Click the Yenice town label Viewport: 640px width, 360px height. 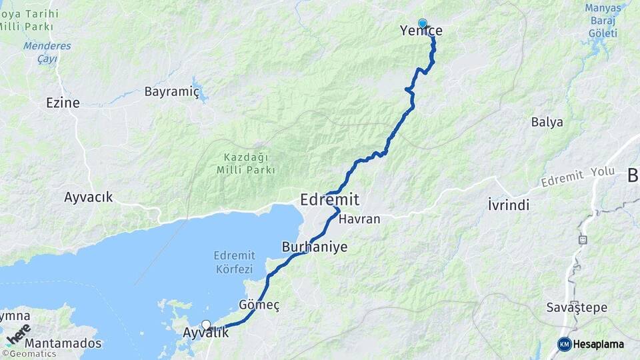tap(421, 31)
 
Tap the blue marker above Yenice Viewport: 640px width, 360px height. tap(422, 23)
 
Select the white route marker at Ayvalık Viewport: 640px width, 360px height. tap(206, 325)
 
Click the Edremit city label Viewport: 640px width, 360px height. tap(330, 199)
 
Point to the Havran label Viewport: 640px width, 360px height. tap(359, 219)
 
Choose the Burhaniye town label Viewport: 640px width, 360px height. tap(315, 246)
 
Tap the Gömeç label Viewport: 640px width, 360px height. tap(259, 305)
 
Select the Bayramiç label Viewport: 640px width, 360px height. tap(172, 92)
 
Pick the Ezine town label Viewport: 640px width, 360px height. tap(63, 103)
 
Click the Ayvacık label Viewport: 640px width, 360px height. tap(89, 197)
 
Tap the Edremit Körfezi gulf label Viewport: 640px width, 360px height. tap(233, 262)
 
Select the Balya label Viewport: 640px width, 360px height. tap(547, 122)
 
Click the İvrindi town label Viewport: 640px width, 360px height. tap(509, 205)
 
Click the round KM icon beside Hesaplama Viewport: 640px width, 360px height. tap(564, 344)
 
